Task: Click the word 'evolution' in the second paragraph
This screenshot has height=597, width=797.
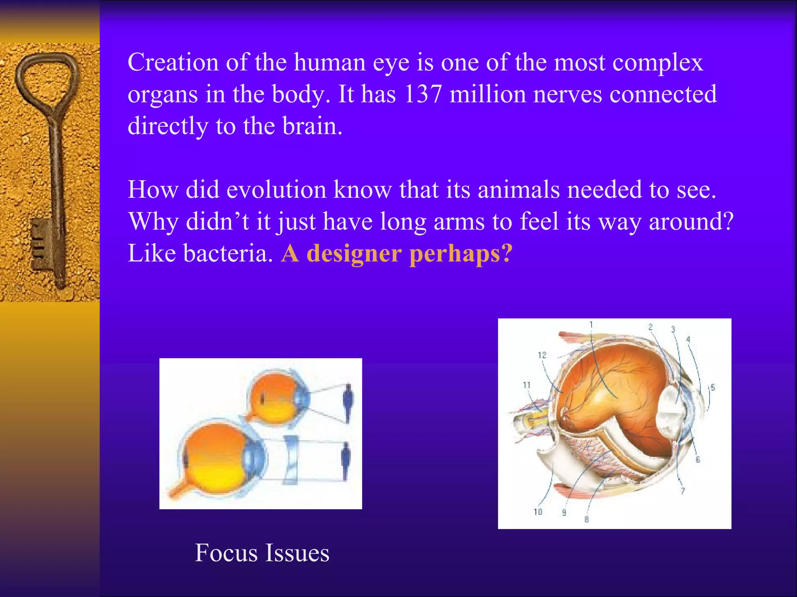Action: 276,190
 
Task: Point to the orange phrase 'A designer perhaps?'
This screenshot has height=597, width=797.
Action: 397,253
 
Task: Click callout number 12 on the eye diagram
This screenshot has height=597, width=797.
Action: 542,355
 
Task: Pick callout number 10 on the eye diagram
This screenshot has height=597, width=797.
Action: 538,512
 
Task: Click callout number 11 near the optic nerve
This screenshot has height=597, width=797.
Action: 527,385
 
